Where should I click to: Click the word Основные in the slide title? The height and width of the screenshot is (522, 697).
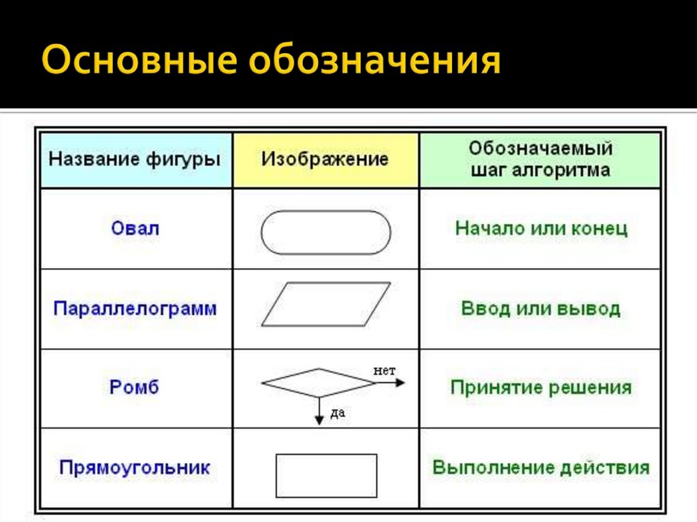(139, 62)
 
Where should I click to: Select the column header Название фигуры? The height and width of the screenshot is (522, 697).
(135, 161)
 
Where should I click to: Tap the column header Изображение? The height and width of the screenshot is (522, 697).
(325, 160)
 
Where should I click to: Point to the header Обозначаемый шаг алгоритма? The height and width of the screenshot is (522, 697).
(540, 159)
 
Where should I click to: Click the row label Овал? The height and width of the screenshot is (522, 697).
(135, 228)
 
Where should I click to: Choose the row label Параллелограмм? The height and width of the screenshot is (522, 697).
(135, 309)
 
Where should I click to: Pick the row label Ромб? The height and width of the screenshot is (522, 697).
(135, 388)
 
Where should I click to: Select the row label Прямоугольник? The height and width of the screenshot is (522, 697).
(135, 468)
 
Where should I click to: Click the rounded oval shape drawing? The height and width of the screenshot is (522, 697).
(325, 233)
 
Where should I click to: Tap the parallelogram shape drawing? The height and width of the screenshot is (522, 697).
(325, 304)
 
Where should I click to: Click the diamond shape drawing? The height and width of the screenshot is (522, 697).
(319, 382)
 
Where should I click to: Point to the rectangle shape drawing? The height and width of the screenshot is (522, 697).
(326, 476)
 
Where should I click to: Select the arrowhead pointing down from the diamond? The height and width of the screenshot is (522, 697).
(319, 421)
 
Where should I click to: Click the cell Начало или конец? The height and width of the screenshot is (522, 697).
(540, 228)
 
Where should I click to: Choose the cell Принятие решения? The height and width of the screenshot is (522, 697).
(540, 388)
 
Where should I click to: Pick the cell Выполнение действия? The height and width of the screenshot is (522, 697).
(540, 468)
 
